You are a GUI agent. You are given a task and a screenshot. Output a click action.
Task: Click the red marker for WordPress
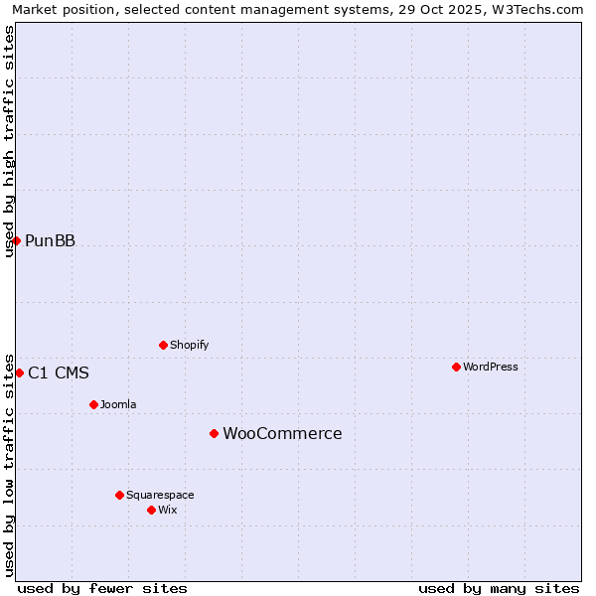(x=456, y=367)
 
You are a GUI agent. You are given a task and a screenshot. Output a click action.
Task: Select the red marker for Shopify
(x=163, y=345)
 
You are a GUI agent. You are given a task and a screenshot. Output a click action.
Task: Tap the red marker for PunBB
(x=16, y=240)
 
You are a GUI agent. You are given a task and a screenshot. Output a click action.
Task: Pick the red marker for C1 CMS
(x=19, y=372)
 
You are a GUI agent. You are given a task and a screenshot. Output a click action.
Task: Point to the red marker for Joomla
(x=93, y=404)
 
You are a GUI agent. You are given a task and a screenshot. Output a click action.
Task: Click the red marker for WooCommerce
(x=214, y=433)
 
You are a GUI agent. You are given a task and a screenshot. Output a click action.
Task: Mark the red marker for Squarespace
(x=119, y=495)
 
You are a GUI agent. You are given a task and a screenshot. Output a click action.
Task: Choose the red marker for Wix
(x=151, y=510)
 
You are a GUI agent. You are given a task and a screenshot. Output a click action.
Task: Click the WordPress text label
(x=491, y=367)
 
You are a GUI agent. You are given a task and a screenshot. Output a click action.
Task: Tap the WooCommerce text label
(x=282, y=433)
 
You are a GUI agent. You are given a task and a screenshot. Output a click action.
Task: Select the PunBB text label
(x=50, y=240)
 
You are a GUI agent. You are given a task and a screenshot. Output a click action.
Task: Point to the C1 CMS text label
(x=59, y=372)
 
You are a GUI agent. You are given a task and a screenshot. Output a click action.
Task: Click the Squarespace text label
(x=160, y=495)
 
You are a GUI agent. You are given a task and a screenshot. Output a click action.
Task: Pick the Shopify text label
(x=190, y=345)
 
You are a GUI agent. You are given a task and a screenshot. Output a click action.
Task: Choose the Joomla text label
(x=118, y=404)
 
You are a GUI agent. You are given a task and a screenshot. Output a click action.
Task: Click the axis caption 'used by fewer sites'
(x=102, y=588)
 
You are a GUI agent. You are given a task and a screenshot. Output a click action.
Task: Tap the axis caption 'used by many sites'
(x=499, y=588)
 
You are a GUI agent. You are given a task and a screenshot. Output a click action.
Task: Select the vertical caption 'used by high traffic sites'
(x=9, y=141)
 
